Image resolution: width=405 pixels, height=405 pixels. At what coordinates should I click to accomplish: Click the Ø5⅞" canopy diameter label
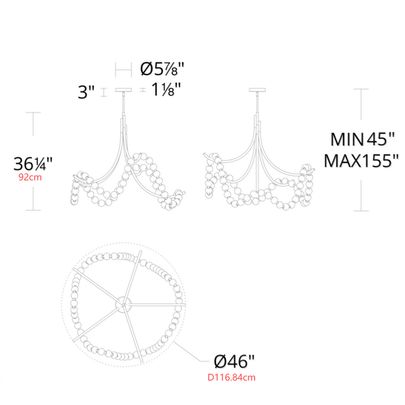point(162,69)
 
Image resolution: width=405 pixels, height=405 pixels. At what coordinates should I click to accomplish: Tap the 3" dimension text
point(86,91)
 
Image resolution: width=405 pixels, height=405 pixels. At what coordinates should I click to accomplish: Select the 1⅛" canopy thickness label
point(165,89)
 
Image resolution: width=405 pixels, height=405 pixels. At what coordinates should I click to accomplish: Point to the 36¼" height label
point(33,164)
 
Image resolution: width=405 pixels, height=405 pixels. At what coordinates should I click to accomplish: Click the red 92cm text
point(30,178)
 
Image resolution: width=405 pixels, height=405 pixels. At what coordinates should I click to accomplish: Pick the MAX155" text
point(362,161)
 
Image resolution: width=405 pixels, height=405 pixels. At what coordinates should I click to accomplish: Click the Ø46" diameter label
point(234,362)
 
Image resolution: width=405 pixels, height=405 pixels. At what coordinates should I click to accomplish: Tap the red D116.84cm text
point(231,377)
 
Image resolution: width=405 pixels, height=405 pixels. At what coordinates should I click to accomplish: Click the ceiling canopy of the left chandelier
point(123,90)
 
